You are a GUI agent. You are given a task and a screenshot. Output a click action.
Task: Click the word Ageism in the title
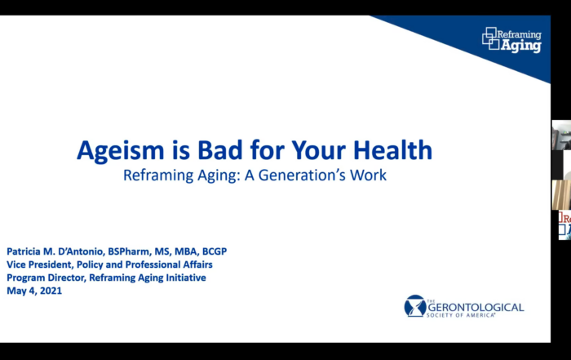coord(121,151)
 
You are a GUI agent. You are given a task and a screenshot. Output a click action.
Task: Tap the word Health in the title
coord(392,149)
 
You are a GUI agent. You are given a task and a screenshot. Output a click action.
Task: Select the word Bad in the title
coord(220,149)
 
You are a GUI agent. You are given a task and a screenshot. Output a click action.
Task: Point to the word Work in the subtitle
coord(368,176)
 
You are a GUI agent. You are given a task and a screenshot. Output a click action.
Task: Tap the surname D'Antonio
coord(82,251)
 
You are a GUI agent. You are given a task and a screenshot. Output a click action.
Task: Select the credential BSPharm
coord(129,251)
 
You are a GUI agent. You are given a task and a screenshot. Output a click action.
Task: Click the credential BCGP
coord(215,251)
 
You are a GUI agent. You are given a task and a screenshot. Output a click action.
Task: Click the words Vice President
coord(40,265)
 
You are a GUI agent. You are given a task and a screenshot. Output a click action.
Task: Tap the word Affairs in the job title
coord(197,264)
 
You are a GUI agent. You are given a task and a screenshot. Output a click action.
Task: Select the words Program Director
coord(46,278)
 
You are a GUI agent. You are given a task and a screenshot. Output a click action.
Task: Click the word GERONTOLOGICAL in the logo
coord(476,308)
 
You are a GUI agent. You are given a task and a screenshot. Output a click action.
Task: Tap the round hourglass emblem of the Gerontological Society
coord(414,305)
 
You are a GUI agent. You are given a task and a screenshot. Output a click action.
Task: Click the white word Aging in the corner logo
coord(521,46)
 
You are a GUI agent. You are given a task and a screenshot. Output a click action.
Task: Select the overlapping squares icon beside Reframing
coord(490,38)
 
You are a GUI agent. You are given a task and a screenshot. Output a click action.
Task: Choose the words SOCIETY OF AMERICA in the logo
coord(461,315)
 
